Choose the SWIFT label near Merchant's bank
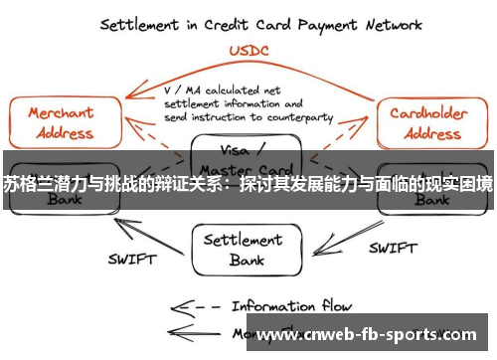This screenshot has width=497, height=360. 131,260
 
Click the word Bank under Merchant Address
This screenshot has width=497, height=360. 62,200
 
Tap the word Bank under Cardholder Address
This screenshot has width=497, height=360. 431,200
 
